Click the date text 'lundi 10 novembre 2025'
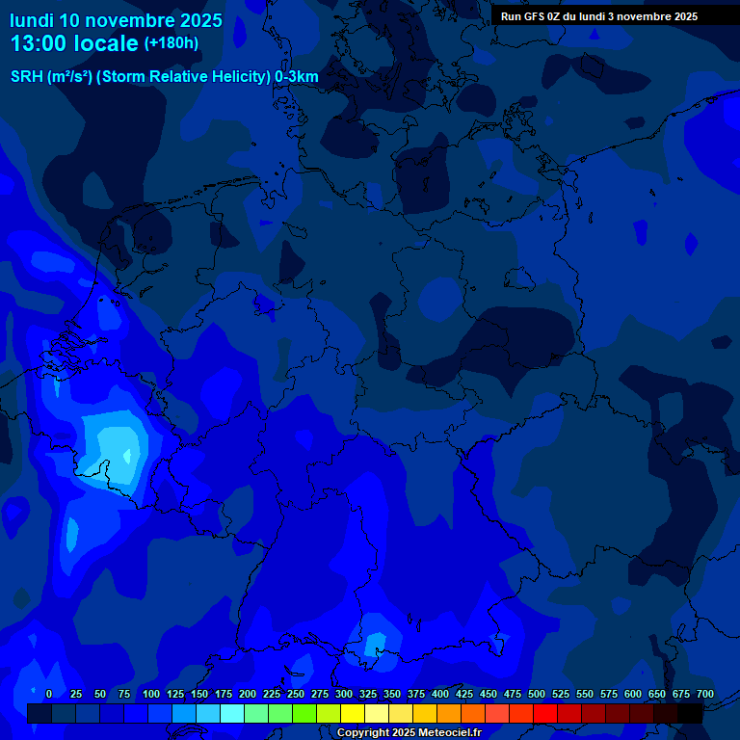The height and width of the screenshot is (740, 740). click(116, 20)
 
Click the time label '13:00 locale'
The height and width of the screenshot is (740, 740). click(74, 43)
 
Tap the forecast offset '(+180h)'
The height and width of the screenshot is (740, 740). click(172, 43)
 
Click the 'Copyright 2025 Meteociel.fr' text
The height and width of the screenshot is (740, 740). click(410, 732)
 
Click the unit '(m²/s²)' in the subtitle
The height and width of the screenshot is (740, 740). click(68, 77)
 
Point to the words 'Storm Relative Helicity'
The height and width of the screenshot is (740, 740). click(184, 77)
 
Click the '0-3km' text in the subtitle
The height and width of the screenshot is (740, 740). click(297, 77)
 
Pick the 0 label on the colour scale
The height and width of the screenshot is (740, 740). click(49, 694)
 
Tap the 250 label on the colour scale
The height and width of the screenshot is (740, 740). click(296, 694)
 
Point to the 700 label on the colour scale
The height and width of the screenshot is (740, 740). click(705, 694)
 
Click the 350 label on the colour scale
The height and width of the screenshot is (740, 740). click(392, 694)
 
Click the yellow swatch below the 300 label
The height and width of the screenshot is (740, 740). click(353, 713)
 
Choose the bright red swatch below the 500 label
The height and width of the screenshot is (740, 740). click(545, 713)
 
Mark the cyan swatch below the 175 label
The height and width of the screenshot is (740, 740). click(232, 713)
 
